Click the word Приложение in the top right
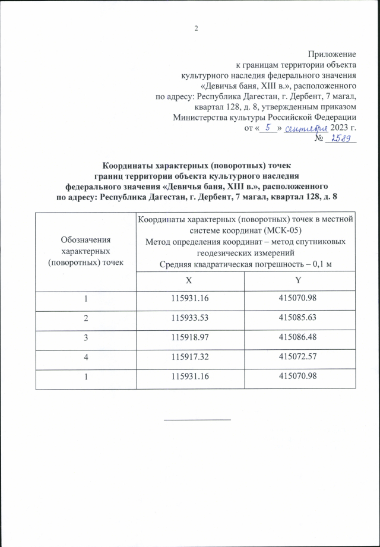(x=335, y=54)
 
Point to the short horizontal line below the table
(x=197, y=419)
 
